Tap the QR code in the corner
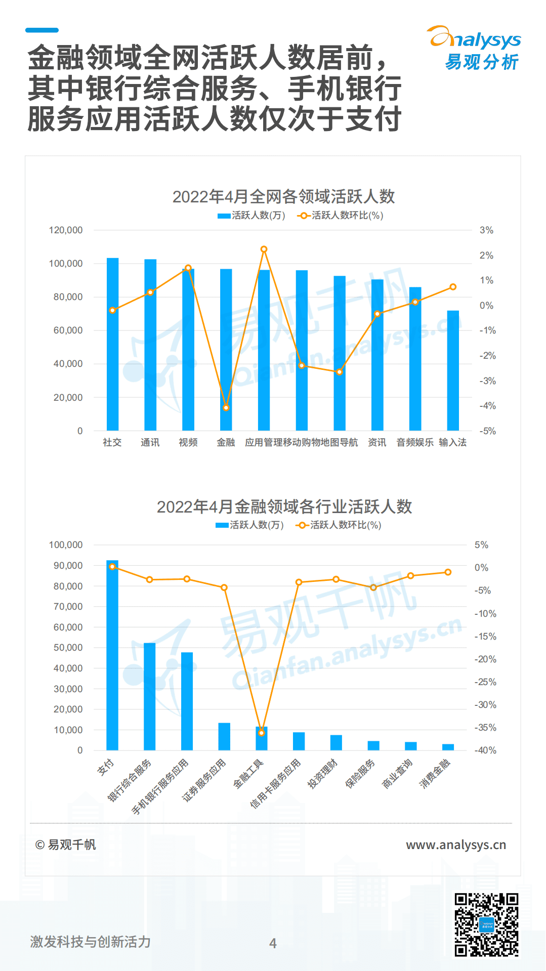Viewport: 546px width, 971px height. (x=486, y=924)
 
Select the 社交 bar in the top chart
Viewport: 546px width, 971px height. (x=112, y=344)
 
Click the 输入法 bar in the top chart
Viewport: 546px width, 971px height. (x=453, y=370)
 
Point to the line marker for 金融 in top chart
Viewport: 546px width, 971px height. (x=226, y=407)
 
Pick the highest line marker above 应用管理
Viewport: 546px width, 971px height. (x=264, y=249)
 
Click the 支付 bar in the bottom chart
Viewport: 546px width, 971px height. (x=112, y=655)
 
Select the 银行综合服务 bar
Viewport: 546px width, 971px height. (x=150, y=696)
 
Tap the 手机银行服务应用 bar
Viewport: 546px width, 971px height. (x=187, y=701)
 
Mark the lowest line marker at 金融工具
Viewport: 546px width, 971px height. (x=262, y=733)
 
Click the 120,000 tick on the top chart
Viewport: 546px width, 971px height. (x=66, y=230)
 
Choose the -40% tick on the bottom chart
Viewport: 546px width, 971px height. (x=485, y=750)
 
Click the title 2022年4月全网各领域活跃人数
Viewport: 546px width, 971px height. (x=283, y=196)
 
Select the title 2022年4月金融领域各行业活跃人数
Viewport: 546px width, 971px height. (x=284, y=506)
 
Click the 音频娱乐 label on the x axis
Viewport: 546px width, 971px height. (x=415, y=443)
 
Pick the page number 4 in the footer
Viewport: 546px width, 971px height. (x=273, y=943)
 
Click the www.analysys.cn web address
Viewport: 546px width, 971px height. (x=456, y=845)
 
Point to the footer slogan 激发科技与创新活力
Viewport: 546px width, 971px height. (x=91, y=942)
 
